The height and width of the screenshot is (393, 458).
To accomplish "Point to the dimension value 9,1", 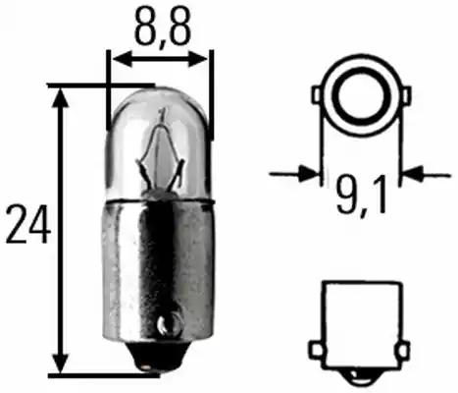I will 363,193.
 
